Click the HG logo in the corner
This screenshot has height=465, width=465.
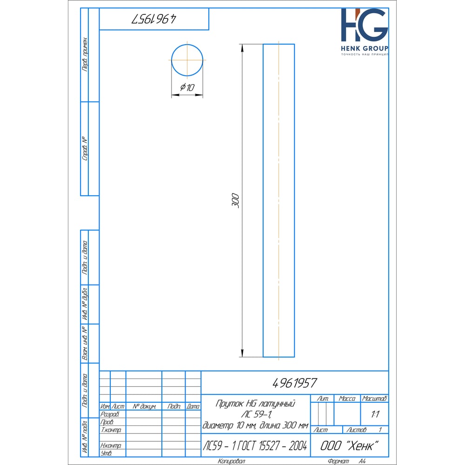point(365,25)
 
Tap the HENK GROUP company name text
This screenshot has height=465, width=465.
point(365,48)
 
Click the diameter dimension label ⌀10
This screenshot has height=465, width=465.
point(187,87)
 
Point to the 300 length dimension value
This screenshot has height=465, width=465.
point(235,200)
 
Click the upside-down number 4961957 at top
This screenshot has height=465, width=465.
point(154,19)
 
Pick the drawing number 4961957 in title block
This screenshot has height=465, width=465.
point(295,383)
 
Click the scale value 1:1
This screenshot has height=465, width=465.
point(375,414)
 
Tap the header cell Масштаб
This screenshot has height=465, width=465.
point(374,399)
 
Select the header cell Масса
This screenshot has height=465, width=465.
point(347,399)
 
